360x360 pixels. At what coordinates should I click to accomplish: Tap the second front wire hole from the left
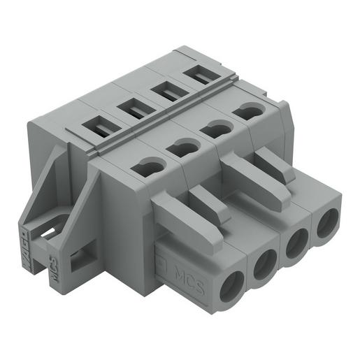click(x=267, y=266)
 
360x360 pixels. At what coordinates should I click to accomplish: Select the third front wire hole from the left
click(x=297, y=246)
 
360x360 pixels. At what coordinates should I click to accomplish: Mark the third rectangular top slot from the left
click(x=166, y=90)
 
